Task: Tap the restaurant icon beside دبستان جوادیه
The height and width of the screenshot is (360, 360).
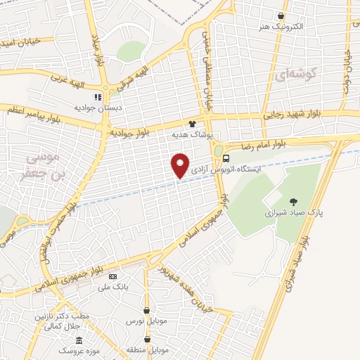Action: pyautogui.click(x=98, y=98)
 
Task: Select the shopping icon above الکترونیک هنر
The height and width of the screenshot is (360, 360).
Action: pyautogui.click(x=281, y=15)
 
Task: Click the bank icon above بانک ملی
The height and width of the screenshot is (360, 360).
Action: pyautogui.click(x=112, y=276)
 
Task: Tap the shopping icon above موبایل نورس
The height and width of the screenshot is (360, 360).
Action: pyautogui.click(x=146, y=310)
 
